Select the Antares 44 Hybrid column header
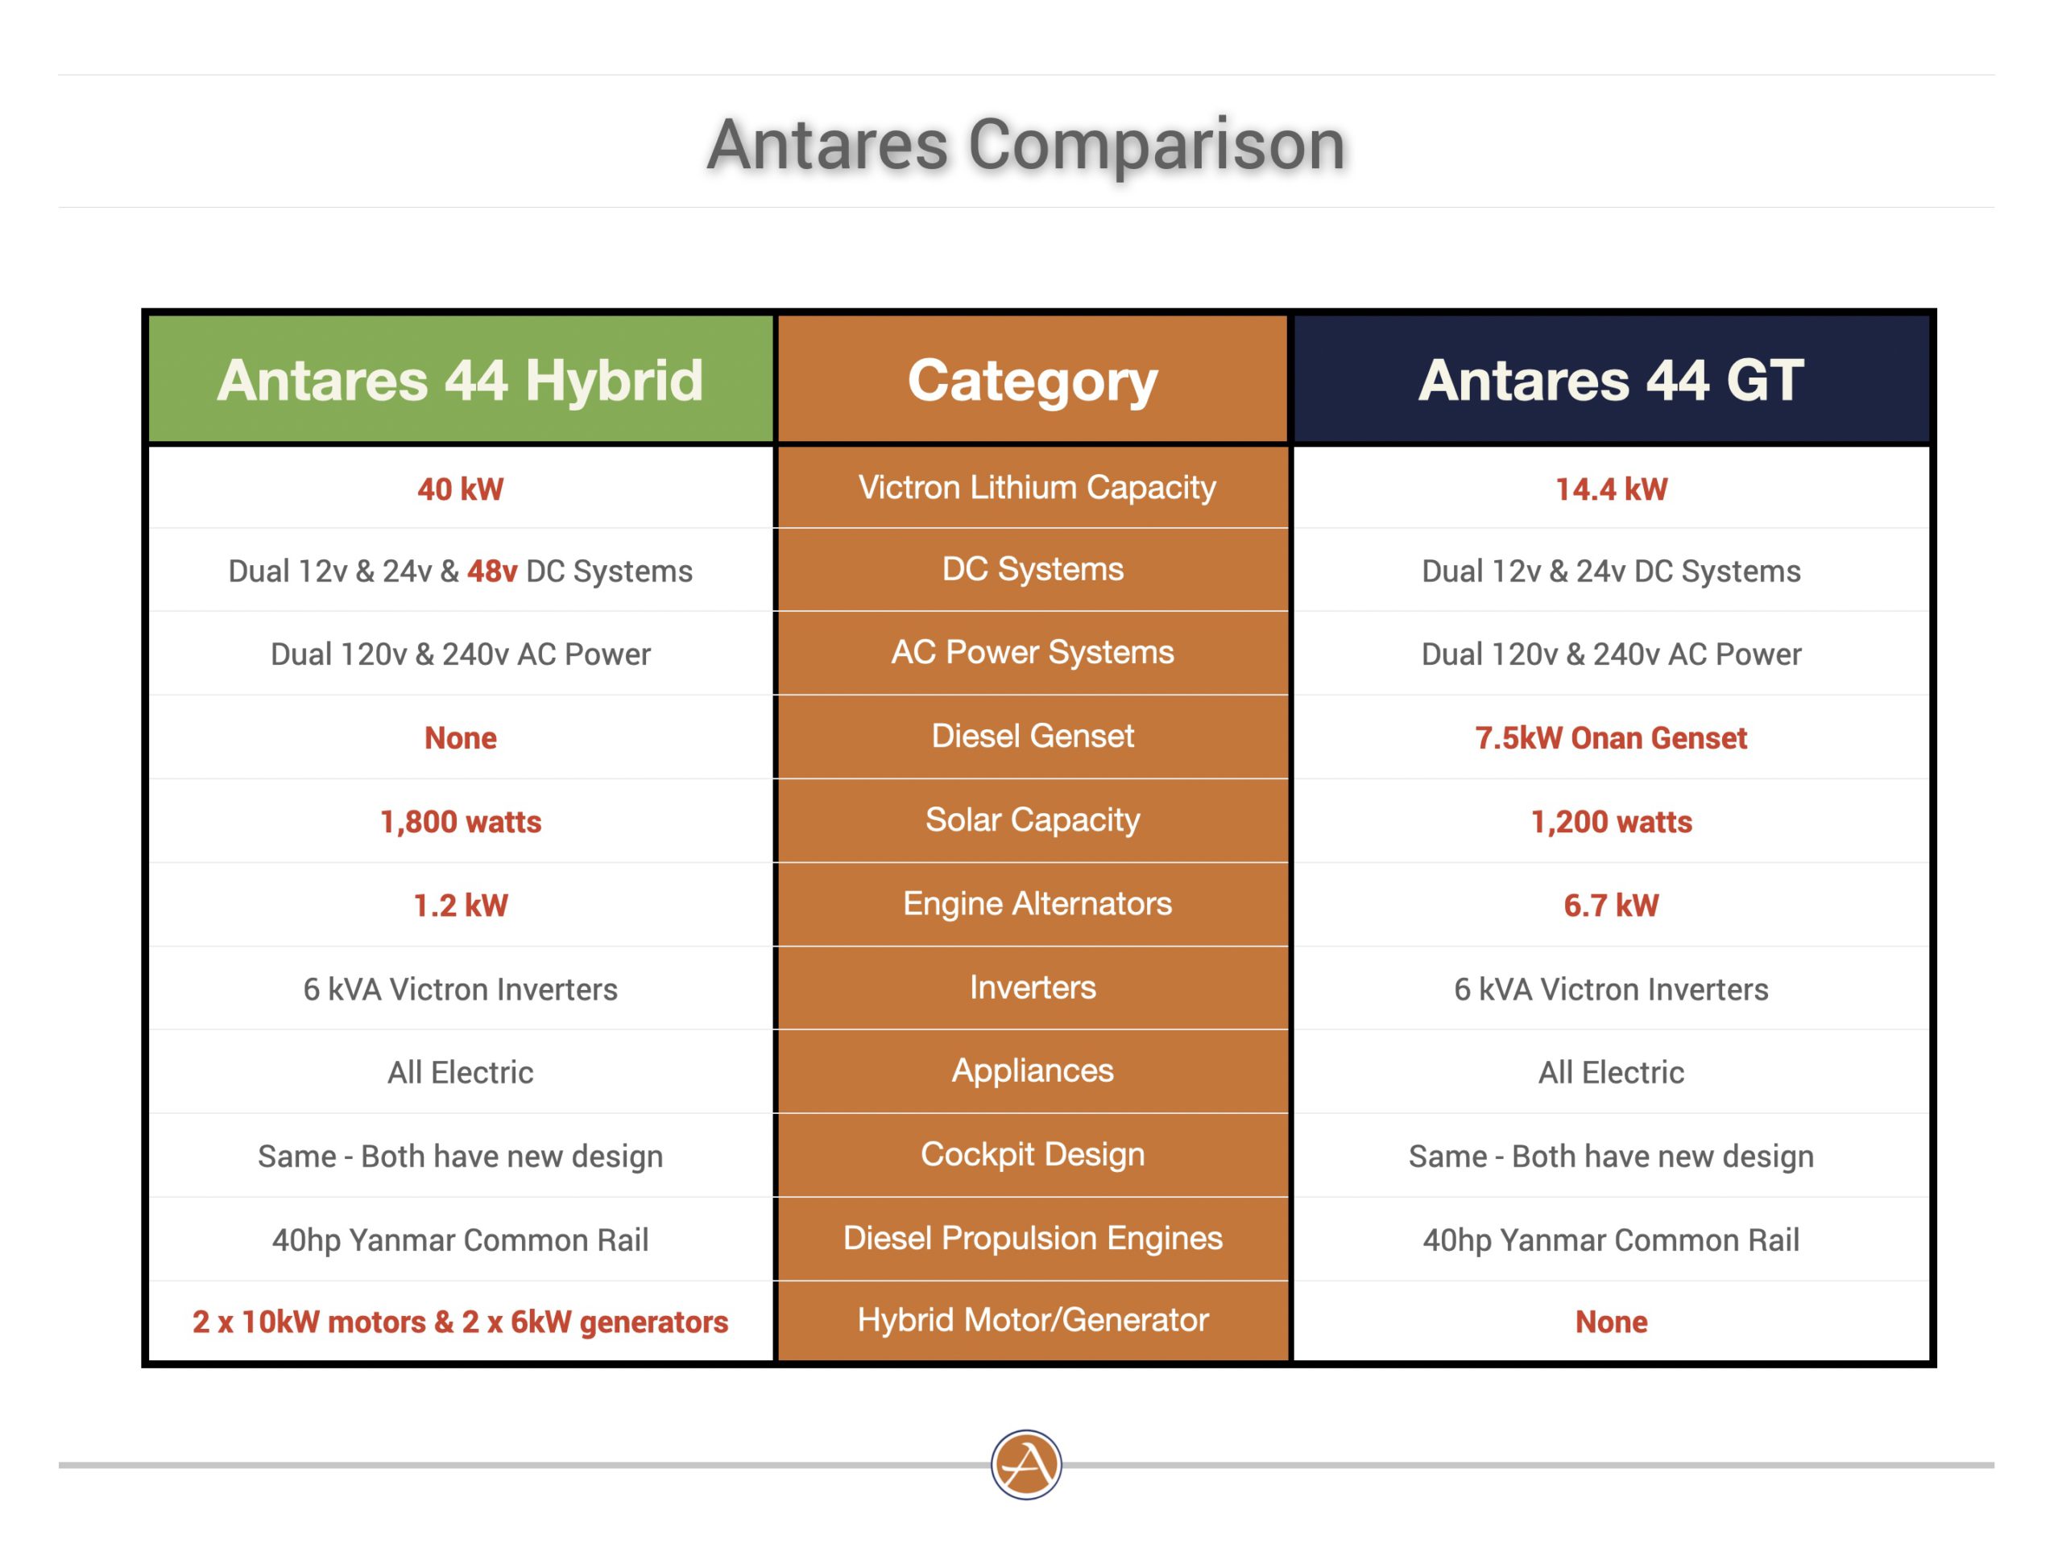click(x=461, y=380)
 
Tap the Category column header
click(x=1033, y=381)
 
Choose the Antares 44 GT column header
click(x=1611, y=380)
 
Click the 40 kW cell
click(x=461, y=489)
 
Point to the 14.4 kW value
click(x=1611, y=489)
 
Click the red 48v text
click(x=492, y=571)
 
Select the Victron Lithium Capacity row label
click(x=1037, y=487)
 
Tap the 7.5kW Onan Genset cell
click(x=1611, y=738)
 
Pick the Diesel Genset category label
click(x=1033, y=736)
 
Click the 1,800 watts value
click(x=461, y=822)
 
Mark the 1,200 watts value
click(x=1611, y=822)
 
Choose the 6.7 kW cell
click(x=1611, y=905)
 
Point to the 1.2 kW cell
click(x=461, y=905)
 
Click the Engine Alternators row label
click(x=1037, y=904)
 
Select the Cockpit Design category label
click(x=1033, y=1154)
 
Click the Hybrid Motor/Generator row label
click(x=1033, y=1320)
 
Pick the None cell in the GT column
click(x=1611, y=1322)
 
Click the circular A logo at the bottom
click(x=1026, y=1465)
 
